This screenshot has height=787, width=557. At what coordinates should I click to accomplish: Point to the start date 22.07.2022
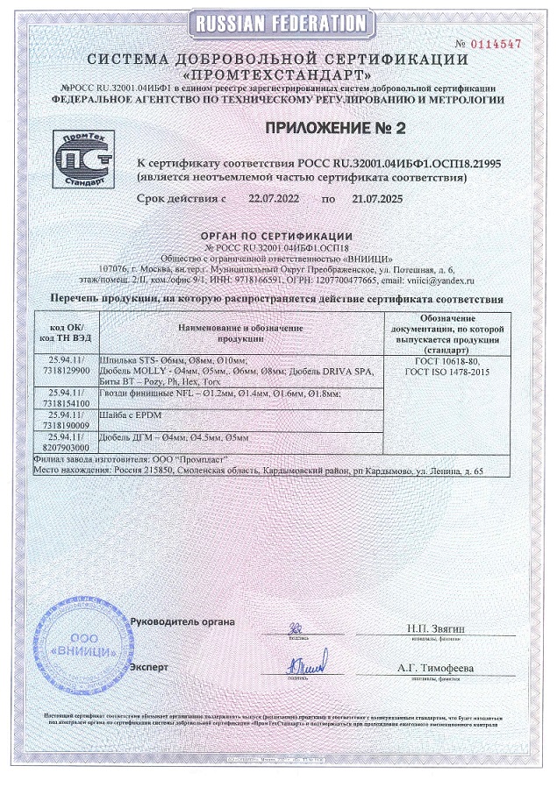[274, 199]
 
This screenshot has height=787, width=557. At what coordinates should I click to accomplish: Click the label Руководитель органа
[182, 621]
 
